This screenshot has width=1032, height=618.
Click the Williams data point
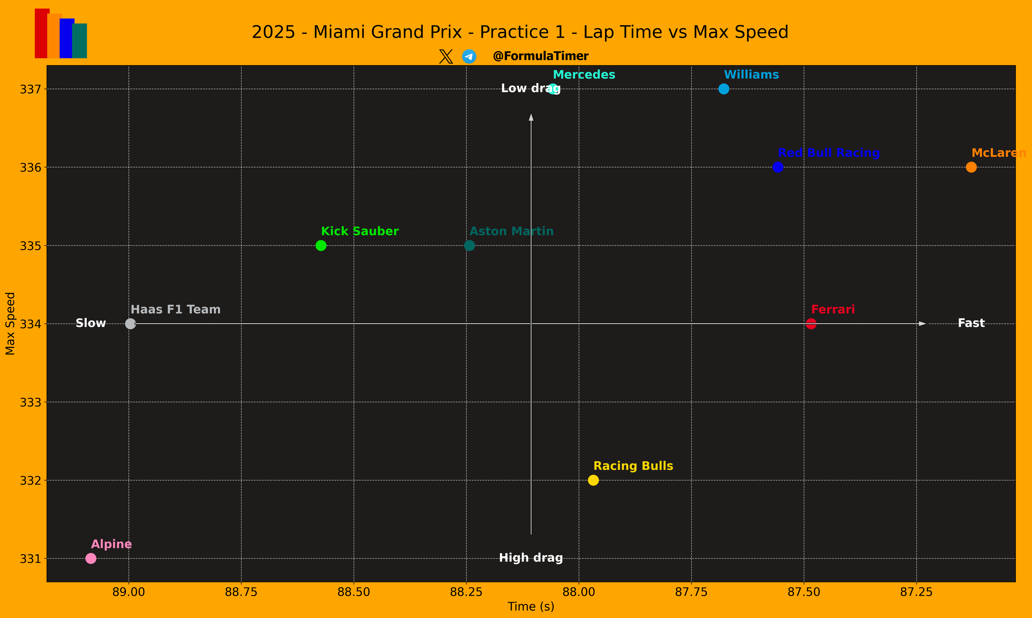724,89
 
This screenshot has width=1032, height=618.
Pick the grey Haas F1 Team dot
131,324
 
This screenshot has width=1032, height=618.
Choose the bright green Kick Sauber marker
321,245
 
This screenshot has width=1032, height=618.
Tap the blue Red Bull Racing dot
778,167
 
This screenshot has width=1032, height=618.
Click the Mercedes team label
584,75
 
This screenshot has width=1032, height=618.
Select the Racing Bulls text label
633,466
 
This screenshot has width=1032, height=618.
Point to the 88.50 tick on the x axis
354,592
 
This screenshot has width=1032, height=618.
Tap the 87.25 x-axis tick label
916,592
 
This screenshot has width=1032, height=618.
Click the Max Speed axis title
10,324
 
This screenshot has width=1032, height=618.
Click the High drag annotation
531,558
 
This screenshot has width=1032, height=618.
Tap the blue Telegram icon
469,56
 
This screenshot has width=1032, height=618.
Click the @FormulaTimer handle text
540,56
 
